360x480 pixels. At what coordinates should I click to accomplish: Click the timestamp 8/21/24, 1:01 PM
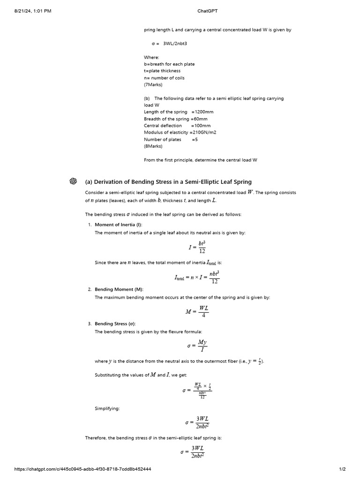[33, 11]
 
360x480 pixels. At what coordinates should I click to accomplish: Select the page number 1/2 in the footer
[342, 469]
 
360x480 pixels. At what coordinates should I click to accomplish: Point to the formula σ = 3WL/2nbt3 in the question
[168, 44]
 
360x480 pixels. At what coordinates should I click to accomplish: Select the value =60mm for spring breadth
[199, 119]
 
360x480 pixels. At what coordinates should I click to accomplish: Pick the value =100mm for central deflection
[201, 126]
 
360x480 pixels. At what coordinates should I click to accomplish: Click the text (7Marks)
[153, 85]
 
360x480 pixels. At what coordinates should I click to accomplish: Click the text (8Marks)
[153, 146]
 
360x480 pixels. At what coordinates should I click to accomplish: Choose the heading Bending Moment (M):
[120, 290]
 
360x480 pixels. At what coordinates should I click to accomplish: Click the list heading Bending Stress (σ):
[118, 324]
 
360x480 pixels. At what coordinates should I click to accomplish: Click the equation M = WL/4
[197, 311]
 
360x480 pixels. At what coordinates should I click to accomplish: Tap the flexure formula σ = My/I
[197, 346]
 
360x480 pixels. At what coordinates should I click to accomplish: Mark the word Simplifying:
[107, 409]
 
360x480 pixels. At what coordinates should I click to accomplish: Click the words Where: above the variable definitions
[152, 57]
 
